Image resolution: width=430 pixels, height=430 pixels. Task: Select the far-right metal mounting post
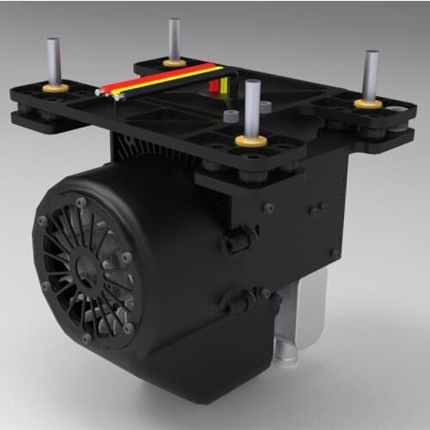371,74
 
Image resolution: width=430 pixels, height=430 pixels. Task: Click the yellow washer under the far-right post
369,103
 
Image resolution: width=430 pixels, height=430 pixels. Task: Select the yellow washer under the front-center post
251,138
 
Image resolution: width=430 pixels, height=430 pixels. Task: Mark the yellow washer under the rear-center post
175,62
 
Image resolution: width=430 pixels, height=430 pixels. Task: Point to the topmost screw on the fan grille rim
80,203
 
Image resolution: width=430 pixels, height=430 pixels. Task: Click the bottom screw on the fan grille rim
87,338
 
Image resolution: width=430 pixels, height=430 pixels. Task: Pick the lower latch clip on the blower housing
235,300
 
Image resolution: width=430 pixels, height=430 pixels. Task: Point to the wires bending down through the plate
221,85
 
